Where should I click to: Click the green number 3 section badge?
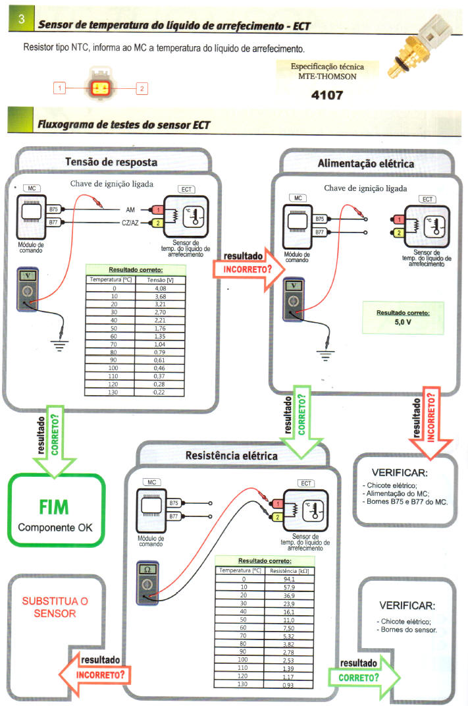tap(21, 20)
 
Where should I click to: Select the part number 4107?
tap(327, 95)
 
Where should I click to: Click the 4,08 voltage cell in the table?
tap(160, 288)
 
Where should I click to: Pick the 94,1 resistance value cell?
tap(288, 579)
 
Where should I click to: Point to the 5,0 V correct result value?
tap(402, 323)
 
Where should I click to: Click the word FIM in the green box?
tap(56, 508)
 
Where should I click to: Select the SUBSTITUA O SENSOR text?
tap(55, 607)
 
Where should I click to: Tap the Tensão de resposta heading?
tap(111, 163)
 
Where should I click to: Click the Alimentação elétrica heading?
tap(366, 163)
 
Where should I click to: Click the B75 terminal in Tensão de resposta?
tap(54, 209)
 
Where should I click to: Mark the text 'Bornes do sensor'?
tap(411, 630)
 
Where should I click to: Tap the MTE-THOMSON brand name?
tap(327, 76)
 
